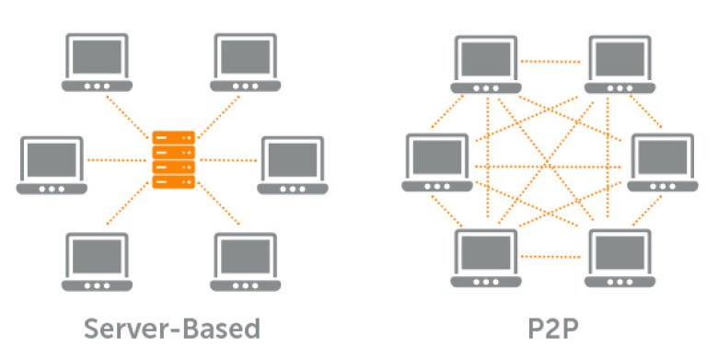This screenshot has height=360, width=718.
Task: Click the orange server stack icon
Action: pyautogui.click(x=174, y=160)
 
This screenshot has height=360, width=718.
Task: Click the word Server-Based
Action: pyautogui.click(x=172, y=329)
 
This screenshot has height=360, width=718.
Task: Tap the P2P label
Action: pyautogui.click(x=553, y=329)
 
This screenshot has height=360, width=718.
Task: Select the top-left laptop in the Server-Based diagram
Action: pyautogui.click(x=97, y=63)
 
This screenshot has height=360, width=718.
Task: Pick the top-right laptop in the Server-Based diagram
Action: pyautogui.click(x=246, y=63)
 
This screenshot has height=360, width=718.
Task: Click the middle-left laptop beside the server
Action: pyautogui.click(x=52, y=166)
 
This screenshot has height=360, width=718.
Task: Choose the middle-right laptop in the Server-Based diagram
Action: pyautogui.click(x=293, y=166)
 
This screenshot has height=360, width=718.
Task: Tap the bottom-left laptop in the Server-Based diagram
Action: pyautogui.click(x=97, y=262)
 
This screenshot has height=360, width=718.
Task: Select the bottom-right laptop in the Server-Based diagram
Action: pyautogui.click(x=246, y=262)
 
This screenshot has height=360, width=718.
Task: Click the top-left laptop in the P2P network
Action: pyautogui.click(x=486, y=64)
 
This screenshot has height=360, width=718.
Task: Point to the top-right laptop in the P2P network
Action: pyautogui.click(x=620, y=64)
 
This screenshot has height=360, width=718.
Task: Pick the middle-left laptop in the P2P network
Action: pyautogui.click(x=437, y=163)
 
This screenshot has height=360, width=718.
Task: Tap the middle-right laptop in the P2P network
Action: pyautogui.click(x=663, y=163)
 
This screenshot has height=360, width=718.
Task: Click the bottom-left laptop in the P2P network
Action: pyautogui.click(x=486, y=259)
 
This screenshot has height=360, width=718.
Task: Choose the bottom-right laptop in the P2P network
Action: pyautogui.click(x=620, y=259)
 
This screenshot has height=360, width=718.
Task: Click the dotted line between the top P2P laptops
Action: pyautogui.click(x=550, y=62)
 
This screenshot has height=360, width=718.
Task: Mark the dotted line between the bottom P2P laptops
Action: pyautogui.click(x=550, y=257)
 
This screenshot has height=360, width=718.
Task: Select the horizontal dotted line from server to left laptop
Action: pyautogui.click(x=117, y=160)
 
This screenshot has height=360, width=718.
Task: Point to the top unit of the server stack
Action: pyautogui.click(x=174, y=137)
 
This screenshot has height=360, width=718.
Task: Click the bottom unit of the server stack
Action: pyautogui.click(x=174, y=181)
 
